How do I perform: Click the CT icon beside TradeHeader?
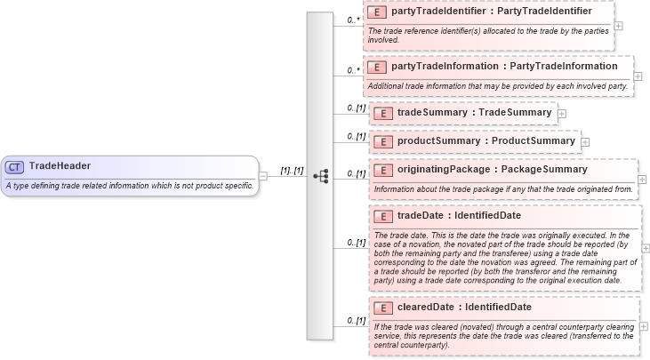pos(14,166)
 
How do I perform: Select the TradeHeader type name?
pos(60,165)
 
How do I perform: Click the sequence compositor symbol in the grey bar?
pos(321,176)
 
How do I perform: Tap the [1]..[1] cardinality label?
pos(292,169)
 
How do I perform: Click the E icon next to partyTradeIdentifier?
pos(376,12)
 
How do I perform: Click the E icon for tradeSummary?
pos(381,113)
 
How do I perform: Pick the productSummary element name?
pos(485,140)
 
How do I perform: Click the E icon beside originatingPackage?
pos(381,170)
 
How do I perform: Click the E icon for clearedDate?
pos(381,308)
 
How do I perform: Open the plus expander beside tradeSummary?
pos(562,114)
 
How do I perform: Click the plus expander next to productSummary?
pos(585,141)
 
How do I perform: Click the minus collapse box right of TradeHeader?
pos(263,176)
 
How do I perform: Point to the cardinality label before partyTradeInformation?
pos(353,69)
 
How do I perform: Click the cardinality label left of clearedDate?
pos(356,320)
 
